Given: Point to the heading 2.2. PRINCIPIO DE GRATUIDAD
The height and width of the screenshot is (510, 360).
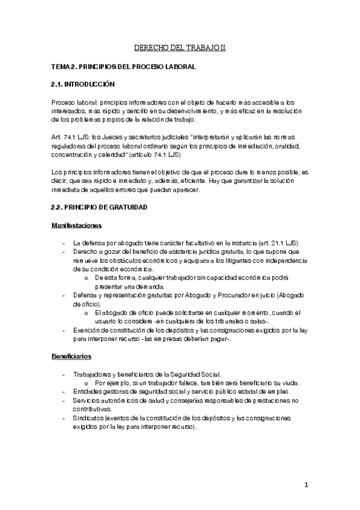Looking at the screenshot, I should click(99, 207).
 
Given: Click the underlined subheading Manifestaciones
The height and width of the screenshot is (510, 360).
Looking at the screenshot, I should click(76, 226).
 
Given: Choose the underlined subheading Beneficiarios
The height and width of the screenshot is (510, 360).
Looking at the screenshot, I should click(72, 356).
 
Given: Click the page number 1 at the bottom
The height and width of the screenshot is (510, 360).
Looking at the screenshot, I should click(306, 485).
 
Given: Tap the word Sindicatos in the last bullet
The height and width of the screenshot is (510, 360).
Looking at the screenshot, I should click(88, 417).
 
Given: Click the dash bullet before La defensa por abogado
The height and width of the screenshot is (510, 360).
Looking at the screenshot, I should click(64, 242).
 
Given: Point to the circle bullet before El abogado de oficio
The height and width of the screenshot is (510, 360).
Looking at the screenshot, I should click(87, 313).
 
